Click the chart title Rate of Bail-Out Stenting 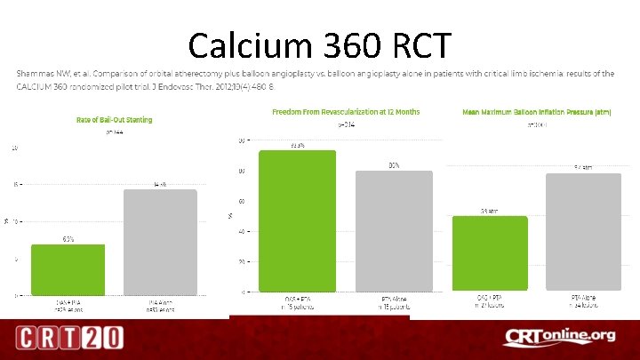[113, 119]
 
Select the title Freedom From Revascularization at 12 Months [346, 112]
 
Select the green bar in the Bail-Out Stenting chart [68, 268]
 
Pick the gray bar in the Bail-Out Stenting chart [159, 241]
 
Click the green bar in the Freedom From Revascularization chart [298, 220]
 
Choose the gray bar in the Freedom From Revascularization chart [394, 231]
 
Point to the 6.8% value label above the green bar [68, 239]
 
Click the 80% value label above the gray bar [394, 165]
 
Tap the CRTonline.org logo [559, 337]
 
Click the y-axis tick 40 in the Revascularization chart [242, 232]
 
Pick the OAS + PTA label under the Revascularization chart [298, 300]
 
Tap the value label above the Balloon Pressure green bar [490, 211]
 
